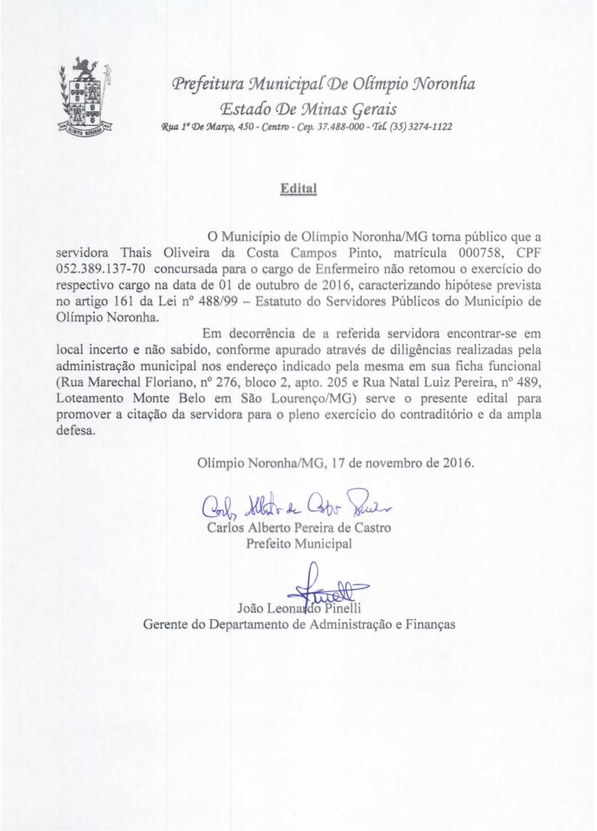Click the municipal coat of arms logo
pos(88,97)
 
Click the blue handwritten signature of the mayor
pos(297,506)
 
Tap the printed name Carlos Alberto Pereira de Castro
pos(299,527)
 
